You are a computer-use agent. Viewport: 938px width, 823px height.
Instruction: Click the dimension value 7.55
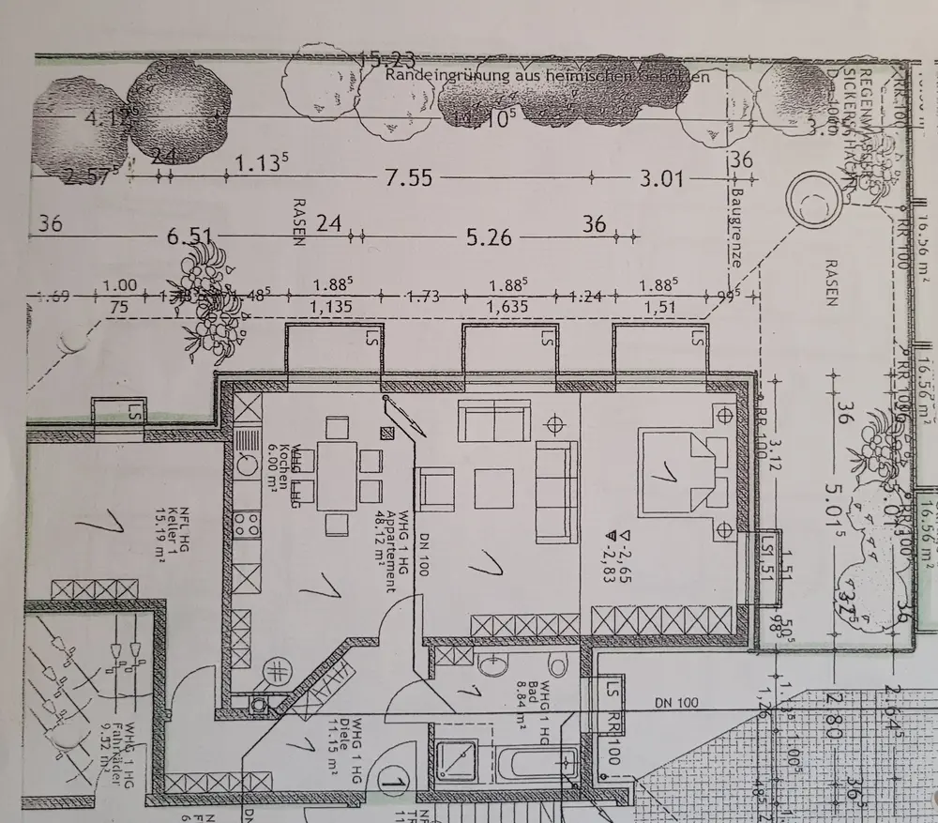click(x=408, y=176)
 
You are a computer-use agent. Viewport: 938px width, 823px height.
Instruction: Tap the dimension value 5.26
click(x=489, y=236)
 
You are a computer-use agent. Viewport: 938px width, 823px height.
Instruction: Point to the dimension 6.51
click(x=187, y=236)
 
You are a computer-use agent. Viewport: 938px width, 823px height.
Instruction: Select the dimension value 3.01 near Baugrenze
click(x=661, y=176)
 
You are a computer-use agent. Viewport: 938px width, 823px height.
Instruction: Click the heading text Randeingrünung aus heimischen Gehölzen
click(x=547, y=76)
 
